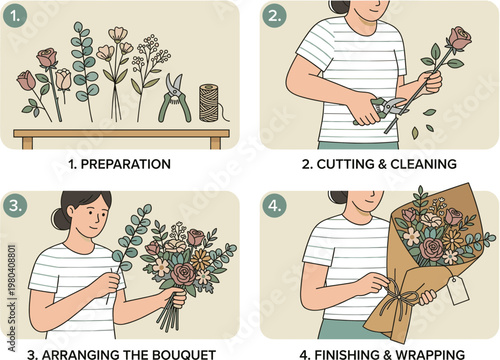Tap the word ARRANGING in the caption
pos(82,353)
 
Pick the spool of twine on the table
pos(208,102)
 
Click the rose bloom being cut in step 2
pos(460,38)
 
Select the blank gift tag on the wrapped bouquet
pos(459,292)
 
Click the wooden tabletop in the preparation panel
pos(120,132)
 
